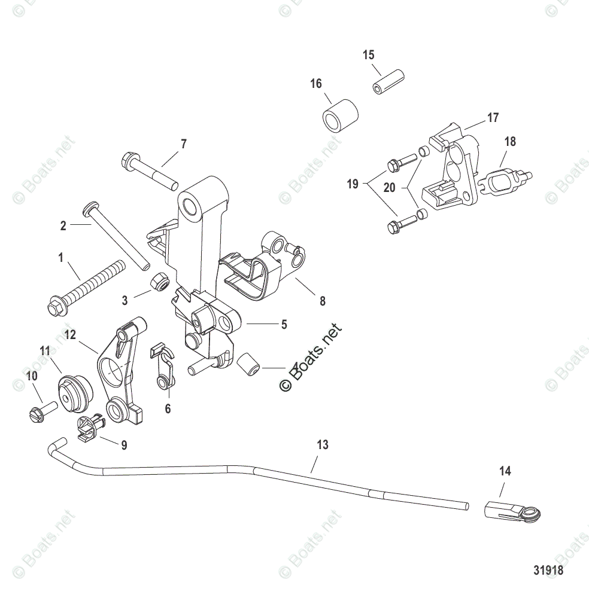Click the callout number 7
[x=183, y=144]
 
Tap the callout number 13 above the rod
[x=323, y=445]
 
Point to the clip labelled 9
[x=91, y=428]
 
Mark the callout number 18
[x=510, y=142]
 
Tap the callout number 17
[x=492, y=118]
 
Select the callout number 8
[x=322, y=301]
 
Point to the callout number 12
[x=71, y=335]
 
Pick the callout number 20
[x=389, y=188]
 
